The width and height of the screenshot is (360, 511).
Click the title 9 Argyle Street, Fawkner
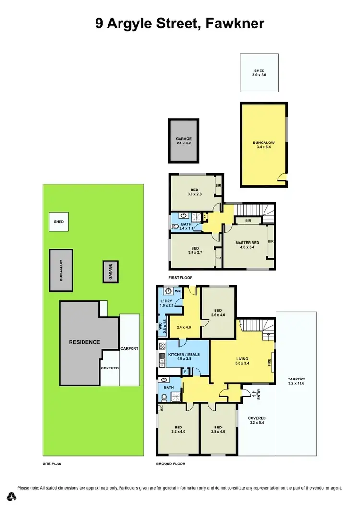click(x=180, y=23)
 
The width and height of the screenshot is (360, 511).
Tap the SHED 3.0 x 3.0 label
click(x=259, y=73)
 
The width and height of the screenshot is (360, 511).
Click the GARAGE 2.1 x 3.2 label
click(x=183, y=141)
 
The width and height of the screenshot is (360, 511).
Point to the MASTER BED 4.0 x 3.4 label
click(x=247, y=245)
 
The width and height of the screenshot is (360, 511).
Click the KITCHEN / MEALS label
click(x=184, y=355)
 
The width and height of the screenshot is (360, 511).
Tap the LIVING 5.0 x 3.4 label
click(x=242, y=361)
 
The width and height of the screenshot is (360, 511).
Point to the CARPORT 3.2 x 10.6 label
click(x=296, y=381)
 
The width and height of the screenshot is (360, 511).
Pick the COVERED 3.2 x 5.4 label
click(x=257, y=421)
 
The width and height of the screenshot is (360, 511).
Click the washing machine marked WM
click(x=178, y=291)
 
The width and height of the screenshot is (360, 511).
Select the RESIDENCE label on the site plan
click(x=84, y=342)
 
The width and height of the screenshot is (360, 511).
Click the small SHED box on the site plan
click(x=59, y=222)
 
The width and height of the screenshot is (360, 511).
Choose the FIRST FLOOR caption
click(x=180, y=278)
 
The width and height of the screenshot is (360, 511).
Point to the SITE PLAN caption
click(x=52, y=464)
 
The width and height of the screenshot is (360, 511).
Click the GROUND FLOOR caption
click(x=171, y=464)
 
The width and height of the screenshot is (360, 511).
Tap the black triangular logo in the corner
click(x=12, y=496)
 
